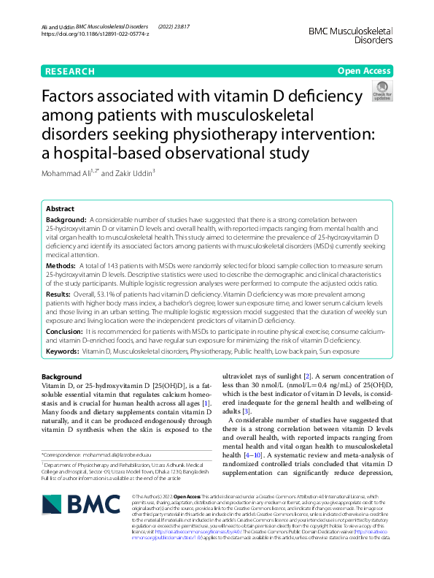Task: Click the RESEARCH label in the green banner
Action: pos(69,71)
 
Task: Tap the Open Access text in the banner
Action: pos(364,71)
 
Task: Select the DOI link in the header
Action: pos(95,34)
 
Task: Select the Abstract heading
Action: pos(60,208)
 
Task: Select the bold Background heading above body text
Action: pos(62,376)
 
